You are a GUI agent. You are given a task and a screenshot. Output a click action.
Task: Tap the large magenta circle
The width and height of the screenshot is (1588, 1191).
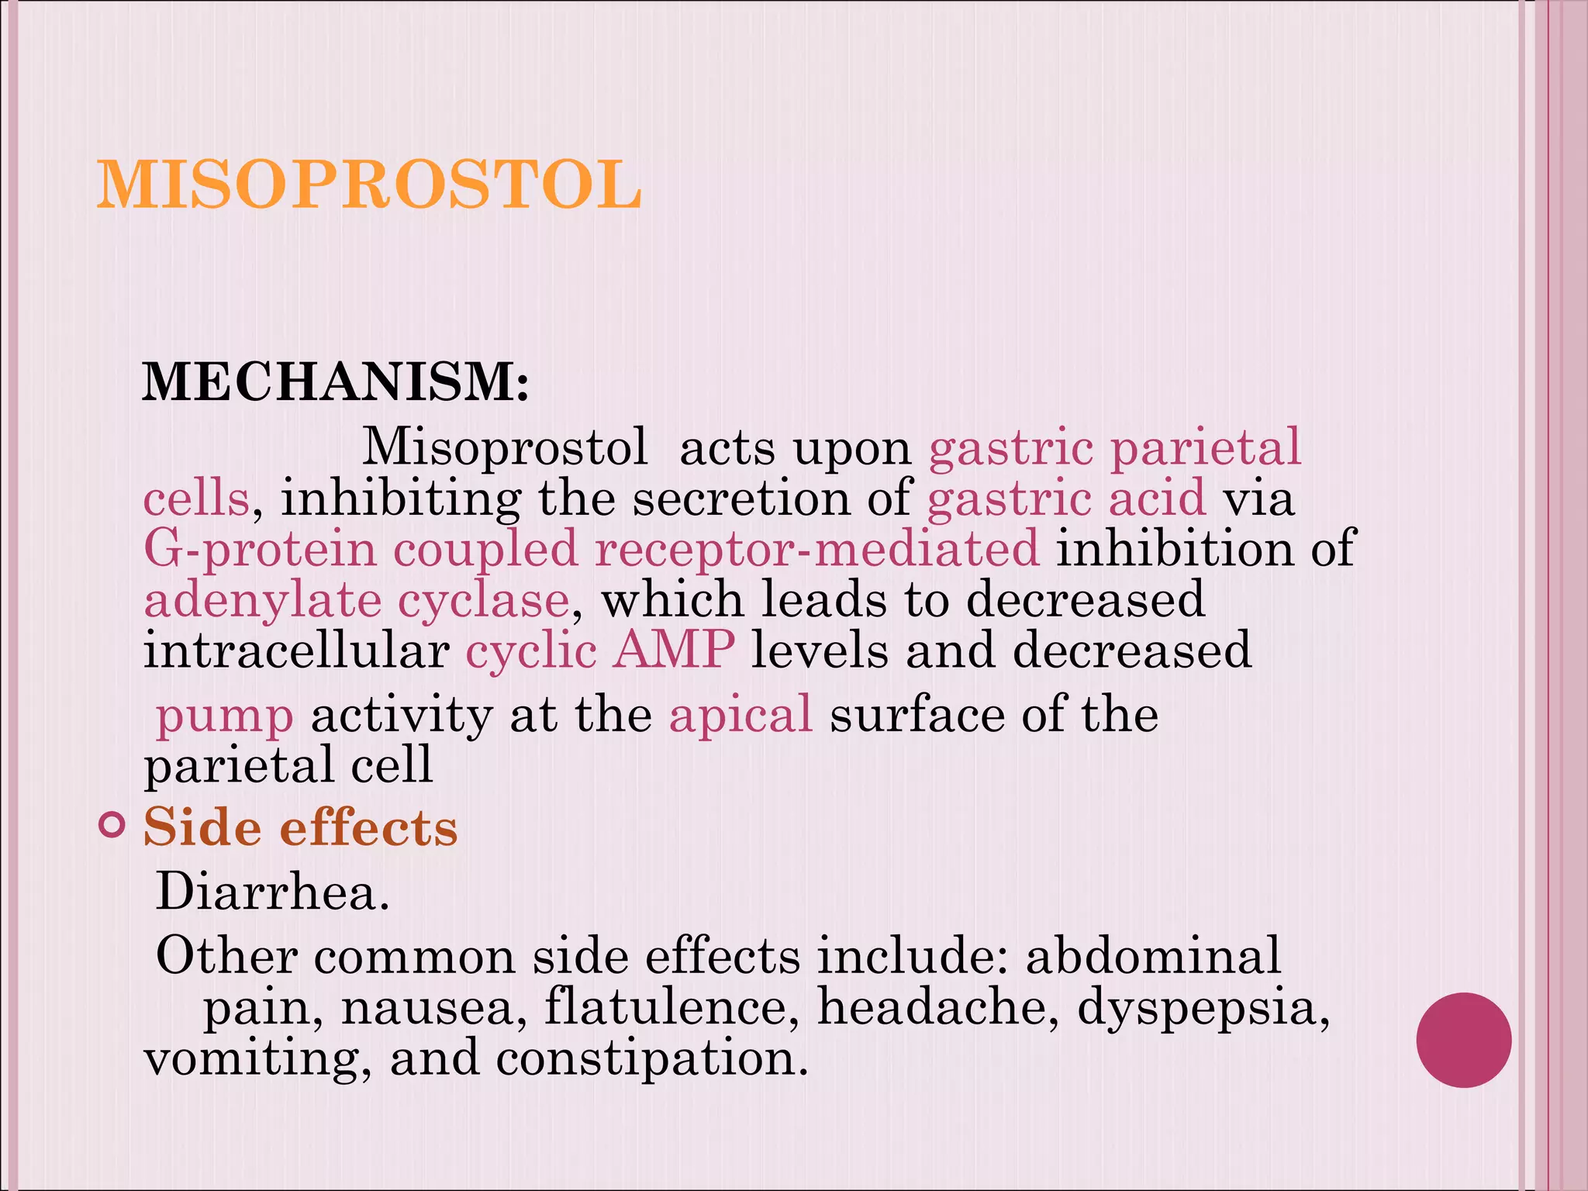click(1463, 1040)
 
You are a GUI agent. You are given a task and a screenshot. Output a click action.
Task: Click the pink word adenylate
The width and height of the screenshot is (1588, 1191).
click(263, 600)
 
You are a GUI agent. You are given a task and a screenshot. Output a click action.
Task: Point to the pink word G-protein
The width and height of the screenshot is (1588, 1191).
click(260, 548)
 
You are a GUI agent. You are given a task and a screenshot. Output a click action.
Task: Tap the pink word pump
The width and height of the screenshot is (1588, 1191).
click(225, 716)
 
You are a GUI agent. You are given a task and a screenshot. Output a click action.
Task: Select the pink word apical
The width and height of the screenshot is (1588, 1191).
click(740, 714)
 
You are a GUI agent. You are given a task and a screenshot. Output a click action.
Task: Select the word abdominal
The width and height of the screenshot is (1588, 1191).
click(1153, 955)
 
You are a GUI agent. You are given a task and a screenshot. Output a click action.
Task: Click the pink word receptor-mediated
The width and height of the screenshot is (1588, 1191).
click(816, 548)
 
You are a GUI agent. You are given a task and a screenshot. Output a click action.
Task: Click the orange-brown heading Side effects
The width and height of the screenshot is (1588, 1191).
click(301, 827)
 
